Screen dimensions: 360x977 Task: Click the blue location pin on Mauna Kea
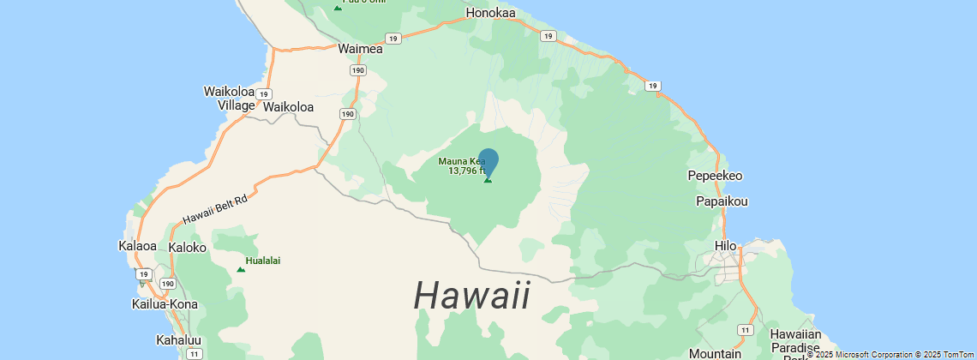tap(488, 162)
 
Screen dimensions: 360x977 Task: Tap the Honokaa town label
tap(490, 13)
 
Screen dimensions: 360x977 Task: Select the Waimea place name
tap(360, 49)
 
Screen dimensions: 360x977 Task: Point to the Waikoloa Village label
tap(229, 98)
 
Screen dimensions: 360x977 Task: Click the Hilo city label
tap(726, 246)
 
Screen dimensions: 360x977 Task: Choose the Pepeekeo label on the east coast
tap(715, 176)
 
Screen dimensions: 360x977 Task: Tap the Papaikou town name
tap(722, 201)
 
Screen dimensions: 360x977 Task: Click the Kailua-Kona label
tap(165, 304)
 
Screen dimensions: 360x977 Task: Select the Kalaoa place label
tap(137, 246)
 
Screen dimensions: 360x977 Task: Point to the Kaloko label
tap(188, 247)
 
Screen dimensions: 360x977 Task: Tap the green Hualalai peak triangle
tap(241, 270)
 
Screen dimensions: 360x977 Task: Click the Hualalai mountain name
tap(263, 261)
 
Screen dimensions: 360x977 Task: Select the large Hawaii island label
tap(472, 296)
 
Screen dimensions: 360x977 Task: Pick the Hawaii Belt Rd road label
tap(214, 210)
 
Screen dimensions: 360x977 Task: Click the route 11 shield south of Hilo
tap(746, 329)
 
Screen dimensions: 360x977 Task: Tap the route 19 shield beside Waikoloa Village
tap(265, 93)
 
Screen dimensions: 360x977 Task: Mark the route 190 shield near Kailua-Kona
tap(168, 284)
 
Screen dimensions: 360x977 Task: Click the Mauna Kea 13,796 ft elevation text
tap(466, 171)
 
